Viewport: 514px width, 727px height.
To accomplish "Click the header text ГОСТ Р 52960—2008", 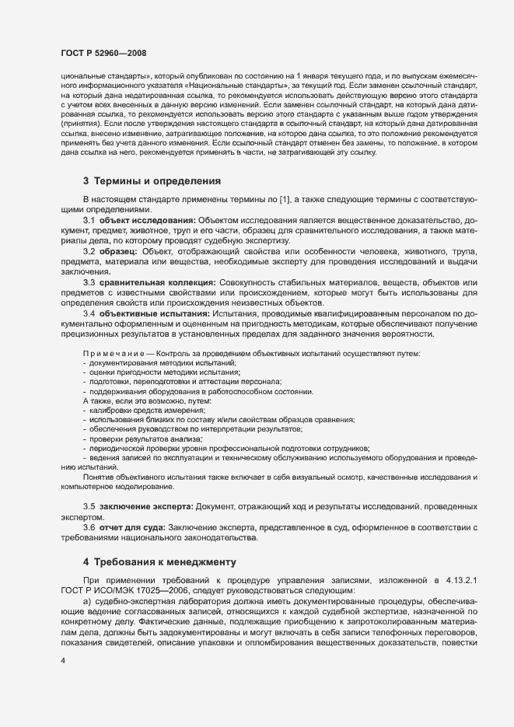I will tap(103, 53).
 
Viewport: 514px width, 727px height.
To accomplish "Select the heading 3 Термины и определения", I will tap(152, 181).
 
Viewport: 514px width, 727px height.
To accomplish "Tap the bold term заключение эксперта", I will tap(145, 507).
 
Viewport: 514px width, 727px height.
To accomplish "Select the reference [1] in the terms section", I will tap(285, 201).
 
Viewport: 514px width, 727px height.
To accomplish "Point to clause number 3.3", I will tap(89, 282).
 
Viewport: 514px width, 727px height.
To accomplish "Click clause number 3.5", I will tap(89, 507).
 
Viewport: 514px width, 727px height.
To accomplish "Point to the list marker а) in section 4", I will tap(88, 600).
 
